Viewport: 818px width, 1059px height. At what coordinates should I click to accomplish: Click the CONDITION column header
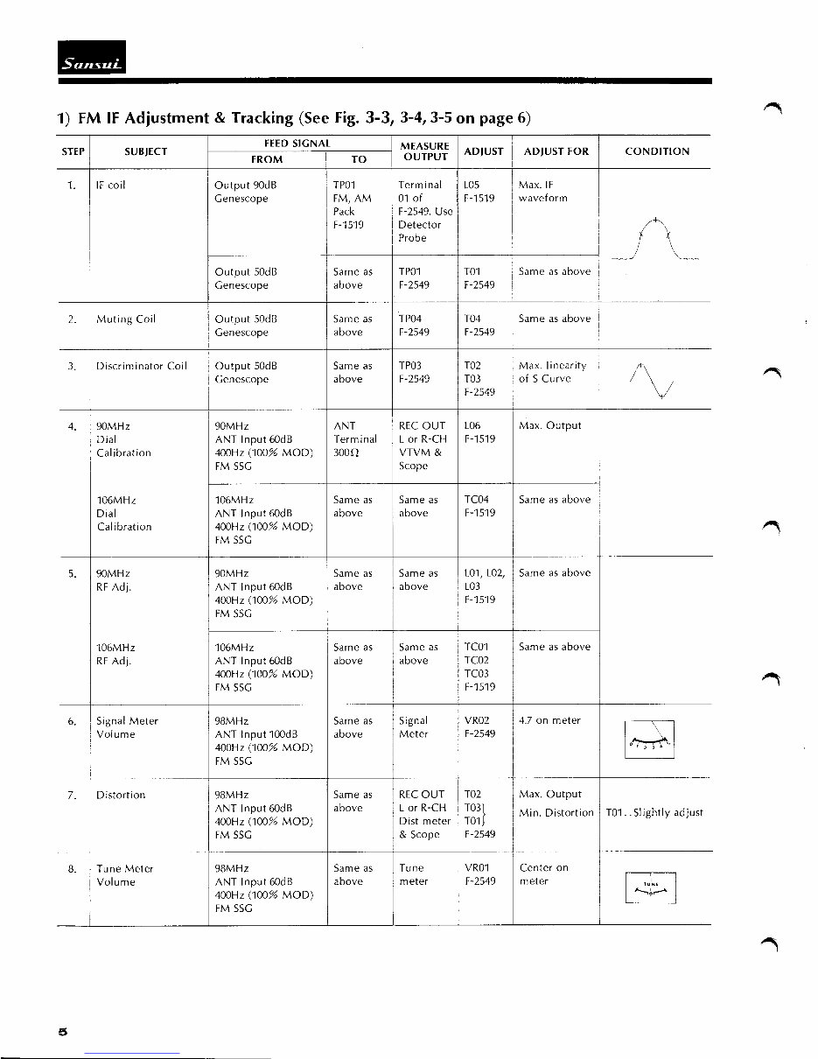pos(656,151)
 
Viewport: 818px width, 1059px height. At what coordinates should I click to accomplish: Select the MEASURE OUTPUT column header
pos(424,151)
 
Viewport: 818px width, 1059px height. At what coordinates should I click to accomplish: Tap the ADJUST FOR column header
pos(556,151)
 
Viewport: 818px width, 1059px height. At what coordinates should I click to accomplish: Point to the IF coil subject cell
pos(112,186)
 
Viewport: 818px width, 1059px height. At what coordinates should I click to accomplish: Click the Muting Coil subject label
pos(125,319)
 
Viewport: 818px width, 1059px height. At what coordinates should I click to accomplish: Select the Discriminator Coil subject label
pos(141,366)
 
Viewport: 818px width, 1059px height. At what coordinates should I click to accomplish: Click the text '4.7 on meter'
pos(549,721)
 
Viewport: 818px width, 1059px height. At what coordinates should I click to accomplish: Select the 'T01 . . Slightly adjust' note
pos(654,813)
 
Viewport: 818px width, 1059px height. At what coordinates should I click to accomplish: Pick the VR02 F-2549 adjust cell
pos(480,727)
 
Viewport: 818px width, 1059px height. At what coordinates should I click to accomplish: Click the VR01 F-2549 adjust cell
pos(480,874)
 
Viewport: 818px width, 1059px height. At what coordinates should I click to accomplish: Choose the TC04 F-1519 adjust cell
pos(480,506)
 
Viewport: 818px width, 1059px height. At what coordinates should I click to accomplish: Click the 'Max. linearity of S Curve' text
pos(552,372)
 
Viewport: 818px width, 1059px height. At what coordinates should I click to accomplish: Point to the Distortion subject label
pos(121,795)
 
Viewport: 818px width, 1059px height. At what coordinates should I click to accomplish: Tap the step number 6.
pos(72,721)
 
